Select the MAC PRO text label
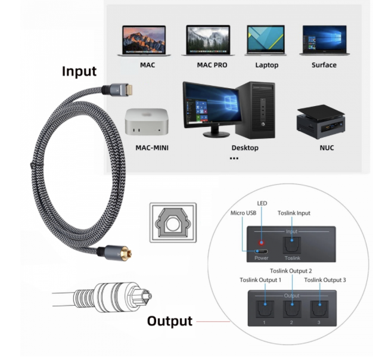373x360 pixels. pos(212,65)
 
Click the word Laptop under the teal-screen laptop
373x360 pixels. pos(266,65)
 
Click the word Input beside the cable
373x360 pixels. pos(79,72)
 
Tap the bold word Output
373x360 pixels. pos(170,321)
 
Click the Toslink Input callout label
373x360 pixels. pos(294,213)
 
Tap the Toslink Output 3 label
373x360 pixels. pos(325,279)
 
